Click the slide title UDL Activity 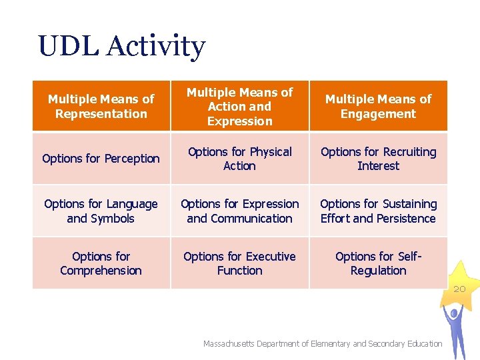(x=122, y=47)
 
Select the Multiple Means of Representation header (x=101, y=106)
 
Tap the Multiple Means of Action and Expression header (x=239, y=106)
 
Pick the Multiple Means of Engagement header (x=378, y=106)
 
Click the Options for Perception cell (x=101, y=159)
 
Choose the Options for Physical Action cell (x=239, y=159)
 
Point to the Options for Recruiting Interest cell (x=378, y=159)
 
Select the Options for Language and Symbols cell (x=101, y=211)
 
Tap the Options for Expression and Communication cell (x=239, y=211)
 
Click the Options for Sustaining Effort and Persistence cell (x=378, y=211)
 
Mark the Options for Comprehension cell (x=101, y=263)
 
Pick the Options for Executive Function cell (x=239, y=263)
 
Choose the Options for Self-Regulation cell (x=378, y=263)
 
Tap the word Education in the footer (x=420, y=344)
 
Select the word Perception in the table (x=131, y=159)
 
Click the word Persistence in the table (x=405, y=219)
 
